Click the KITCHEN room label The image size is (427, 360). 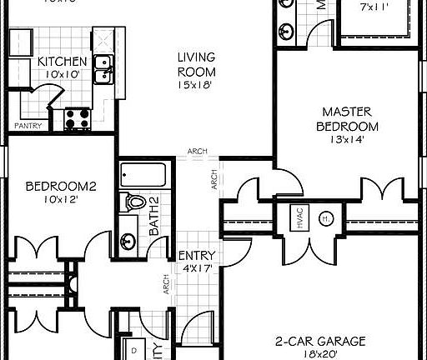pos(62,62)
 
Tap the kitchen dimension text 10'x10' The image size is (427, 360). pos(62,74)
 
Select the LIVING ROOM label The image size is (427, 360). pos(196,64)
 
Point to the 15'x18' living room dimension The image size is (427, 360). pos(196,84)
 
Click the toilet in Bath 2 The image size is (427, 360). pos(133,202)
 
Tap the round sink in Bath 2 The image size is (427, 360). pos(128,242)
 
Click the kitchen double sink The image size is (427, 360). pos(104,69)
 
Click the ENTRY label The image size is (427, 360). pos(198,256)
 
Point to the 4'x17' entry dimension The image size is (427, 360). pos(198,268)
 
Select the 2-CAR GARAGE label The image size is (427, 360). pos(321,341)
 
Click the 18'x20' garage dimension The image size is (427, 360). pos(321,354)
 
